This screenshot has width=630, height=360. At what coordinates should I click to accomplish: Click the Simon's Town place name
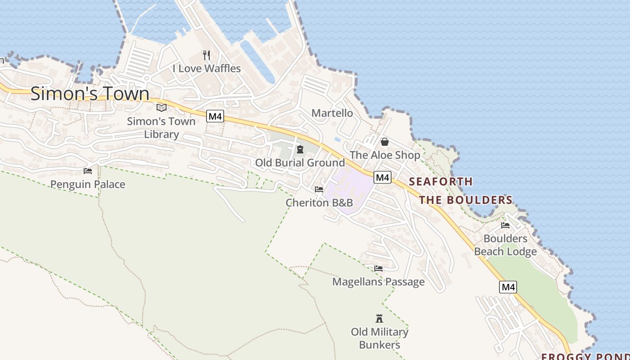pyautogui.click(x=90, y=94)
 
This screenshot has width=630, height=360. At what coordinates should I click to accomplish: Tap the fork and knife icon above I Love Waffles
pyautogui.click(x=207, y=55)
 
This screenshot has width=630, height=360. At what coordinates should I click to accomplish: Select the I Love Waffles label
pyautogui.click(x=207, y=68)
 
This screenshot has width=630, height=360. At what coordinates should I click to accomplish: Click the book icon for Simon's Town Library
pyautogui.click(x=162, y=108)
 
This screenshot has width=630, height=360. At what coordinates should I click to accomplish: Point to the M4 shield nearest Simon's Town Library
pyautogui.click(x=215, y=116)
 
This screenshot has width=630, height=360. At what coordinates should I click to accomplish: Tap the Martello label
pyautogui.click(x=332, y=113)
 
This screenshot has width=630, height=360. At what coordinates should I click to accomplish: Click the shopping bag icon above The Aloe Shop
pyautogui.click(x=385, y=142)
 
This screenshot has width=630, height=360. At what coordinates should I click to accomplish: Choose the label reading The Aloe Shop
pyautogui.click(x=385, y=155)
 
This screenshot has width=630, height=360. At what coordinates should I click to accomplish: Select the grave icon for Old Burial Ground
pyautogui.click(x=300, y=149)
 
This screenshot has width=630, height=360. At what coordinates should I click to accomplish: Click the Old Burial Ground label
pyautogui.click(x=300, y=162)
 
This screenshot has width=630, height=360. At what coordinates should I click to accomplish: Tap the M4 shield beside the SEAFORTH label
pyautogui.click(x=382, y=177)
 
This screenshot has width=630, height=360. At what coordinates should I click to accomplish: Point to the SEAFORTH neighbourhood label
pyautogui.click(x=441, y=182)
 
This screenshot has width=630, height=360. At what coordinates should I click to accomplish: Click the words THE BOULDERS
pyautogui.click(x=466, y=200)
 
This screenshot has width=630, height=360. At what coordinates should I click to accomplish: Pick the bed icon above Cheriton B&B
pyautogui.click(x=319, y=189)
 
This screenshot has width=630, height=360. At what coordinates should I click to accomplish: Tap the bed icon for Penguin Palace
pyautogui.click(x=88, y=171)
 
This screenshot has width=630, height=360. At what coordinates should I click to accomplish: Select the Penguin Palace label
pyautogui.click(x=88, y=184)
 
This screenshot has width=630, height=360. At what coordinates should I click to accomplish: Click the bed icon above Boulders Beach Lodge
pyautogui.click(x=505, y=225)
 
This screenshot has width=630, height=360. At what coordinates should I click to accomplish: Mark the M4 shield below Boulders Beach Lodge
pyautogui.click(x=508, y=287)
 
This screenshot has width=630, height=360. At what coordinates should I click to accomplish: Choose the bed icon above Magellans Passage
pyautogui.click(x=378, y=269)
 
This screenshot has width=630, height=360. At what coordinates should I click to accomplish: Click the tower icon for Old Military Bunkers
pyautogui.click(x=379, y=319)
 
